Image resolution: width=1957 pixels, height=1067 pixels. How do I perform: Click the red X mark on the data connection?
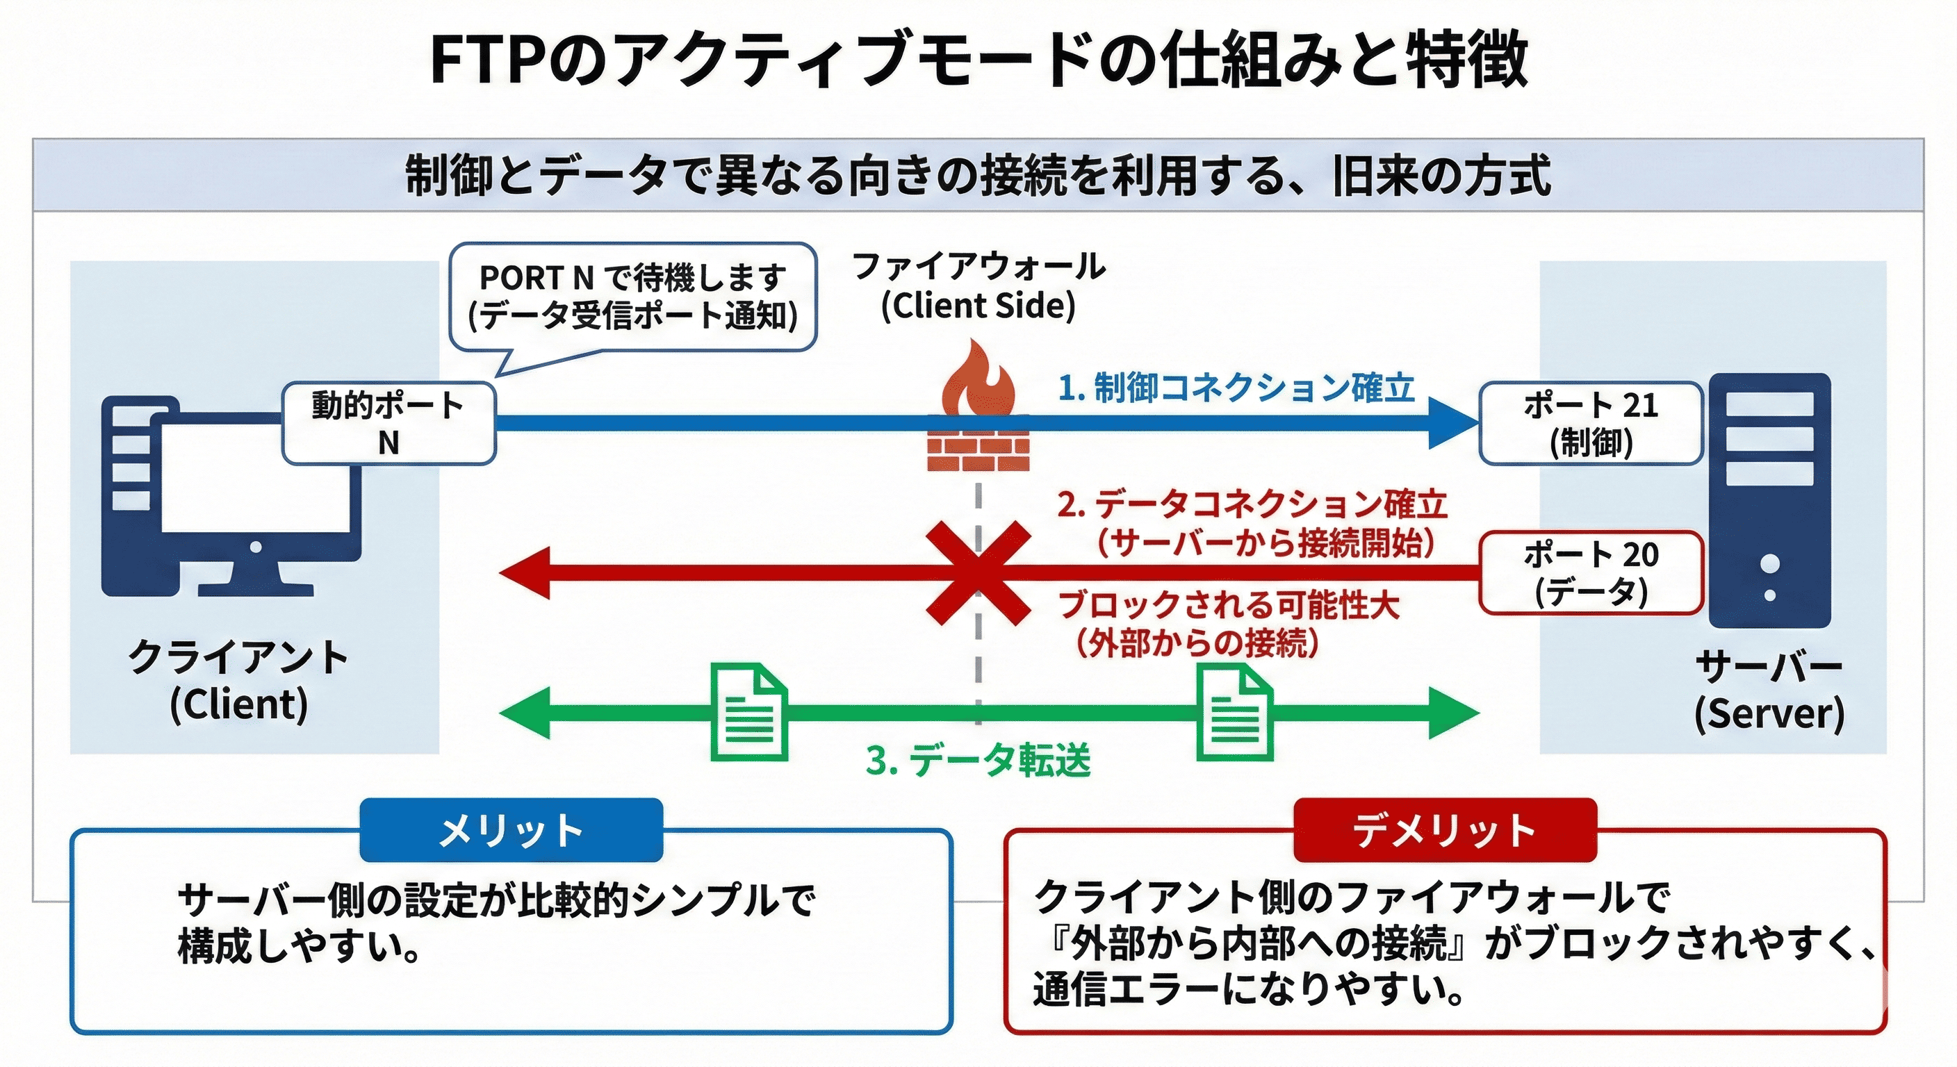click(978, 572)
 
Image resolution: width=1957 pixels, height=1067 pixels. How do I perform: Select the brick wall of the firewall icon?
click(978, 445)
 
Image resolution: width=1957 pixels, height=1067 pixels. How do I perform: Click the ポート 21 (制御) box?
click(1590, 424)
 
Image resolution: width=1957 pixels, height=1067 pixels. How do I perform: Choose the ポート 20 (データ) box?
click(1590, 572)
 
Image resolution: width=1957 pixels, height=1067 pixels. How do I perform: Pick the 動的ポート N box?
click(388, 424)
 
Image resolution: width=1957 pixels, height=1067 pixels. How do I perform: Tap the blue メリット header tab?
click(511, 830)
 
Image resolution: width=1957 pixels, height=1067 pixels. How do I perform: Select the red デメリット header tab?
click(1444, 830)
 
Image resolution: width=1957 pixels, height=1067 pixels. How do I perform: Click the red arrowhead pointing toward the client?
click(524, 573)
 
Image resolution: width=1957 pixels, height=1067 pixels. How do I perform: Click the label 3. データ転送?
click(978, 760)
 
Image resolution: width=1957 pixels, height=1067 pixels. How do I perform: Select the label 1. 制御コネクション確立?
click(1236, 388)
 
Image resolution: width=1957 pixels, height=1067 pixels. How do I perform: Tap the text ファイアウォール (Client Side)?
click(978, 286)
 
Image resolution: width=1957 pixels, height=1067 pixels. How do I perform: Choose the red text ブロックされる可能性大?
click(1228, 605)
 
